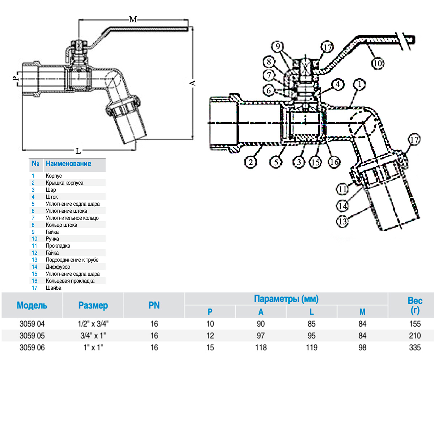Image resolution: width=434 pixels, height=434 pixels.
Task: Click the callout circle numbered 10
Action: (378, 63)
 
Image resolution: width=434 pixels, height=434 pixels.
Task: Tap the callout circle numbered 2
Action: (251, 162)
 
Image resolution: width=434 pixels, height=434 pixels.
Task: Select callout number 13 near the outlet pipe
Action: (342, 221)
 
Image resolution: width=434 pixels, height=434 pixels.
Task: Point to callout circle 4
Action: (337, 84)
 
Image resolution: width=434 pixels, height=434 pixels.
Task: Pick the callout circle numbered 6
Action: (269, 90)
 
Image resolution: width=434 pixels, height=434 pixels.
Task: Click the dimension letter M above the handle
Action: (133, 20)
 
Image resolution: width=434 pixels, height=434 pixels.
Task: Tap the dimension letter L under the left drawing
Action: (78, 151)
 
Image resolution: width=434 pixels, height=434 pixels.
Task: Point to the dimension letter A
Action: (193, 83)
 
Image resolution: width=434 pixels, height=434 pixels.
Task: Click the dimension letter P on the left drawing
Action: (15, 78)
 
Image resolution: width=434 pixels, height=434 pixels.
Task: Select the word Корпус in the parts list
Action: (54, 176)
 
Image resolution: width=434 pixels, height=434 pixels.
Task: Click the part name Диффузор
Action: (58, 267)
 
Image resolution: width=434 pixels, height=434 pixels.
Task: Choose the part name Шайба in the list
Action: (54, 288)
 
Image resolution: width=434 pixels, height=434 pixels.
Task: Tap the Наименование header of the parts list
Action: (68, 163)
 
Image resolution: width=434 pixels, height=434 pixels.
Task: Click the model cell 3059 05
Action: (32, 336)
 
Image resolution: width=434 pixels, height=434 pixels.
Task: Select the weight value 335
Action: (414, 348)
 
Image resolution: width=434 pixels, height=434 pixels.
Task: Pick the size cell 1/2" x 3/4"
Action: (93, 324)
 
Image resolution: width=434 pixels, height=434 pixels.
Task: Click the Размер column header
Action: (93, 305)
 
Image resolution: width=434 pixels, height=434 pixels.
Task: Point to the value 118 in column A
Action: (261, 348)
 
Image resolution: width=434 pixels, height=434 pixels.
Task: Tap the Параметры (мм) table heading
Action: (286, 299)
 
